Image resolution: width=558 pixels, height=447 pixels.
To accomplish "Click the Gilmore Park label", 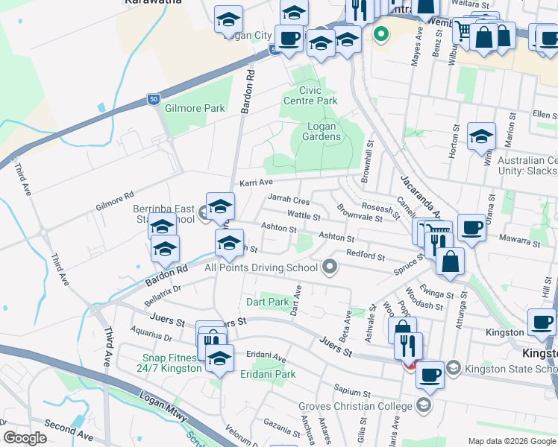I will pyautogui.click(x=196, y=108).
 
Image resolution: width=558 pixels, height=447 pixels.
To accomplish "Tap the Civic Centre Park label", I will pyautogui.click(x=310, y=95).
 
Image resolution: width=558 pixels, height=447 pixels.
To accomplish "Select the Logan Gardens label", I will pyautogui.click(x=325, y=131).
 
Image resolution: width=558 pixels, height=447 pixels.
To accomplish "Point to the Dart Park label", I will pyautogui.click(x=267, y=302).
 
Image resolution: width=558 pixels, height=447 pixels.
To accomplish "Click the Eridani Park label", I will pyautogui.click(x=268, y=374).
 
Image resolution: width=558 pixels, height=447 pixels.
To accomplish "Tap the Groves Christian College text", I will pyautogui.click(x=355, y=406).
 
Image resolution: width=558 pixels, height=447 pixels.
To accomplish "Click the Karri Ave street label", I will pyautogui.click(x=256, y=183).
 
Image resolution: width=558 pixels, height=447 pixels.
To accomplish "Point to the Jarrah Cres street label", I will pyautogui.click(x=288, y=201).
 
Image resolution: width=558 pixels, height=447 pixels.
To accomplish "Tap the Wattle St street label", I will pyautogui.click(x=304, y=216).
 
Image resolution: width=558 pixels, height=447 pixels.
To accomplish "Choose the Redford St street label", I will pyautogui.click(x=366, y=256).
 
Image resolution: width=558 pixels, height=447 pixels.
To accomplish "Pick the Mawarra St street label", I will pyautogui.click(x=520, y=241).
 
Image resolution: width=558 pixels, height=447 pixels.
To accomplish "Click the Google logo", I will pyautogui.click(x=25, y=438).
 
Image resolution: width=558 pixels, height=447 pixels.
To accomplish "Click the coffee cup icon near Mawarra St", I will pyautogui.click(x=471, y=227).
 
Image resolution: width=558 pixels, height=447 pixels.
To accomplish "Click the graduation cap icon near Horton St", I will pyautogui.click(x=482, y=136).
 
